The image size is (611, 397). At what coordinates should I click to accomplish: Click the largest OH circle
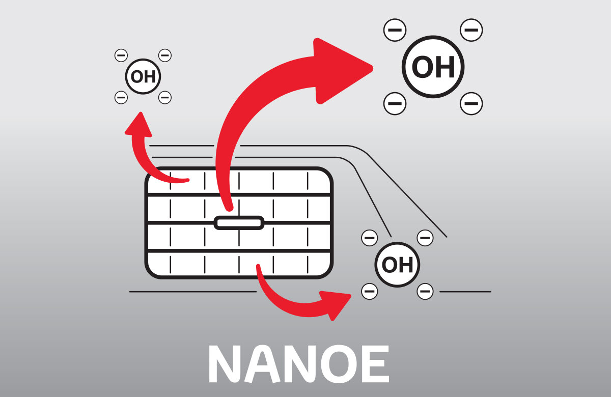click(x=433, y=67)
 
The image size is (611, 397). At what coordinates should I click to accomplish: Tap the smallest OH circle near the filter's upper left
click(x=143, y=76)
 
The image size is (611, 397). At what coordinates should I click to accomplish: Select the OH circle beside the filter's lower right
click(x=397, y=264)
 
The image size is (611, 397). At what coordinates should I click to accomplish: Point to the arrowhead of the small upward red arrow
click(x=138, y=125)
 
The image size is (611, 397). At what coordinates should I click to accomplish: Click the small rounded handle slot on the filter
click(x=239, y=223)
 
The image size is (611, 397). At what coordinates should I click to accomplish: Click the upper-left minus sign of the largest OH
click(x=395, y=30)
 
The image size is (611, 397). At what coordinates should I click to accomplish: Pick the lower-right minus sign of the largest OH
click(x=471, y=104)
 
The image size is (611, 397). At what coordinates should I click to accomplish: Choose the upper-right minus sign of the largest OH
click(x=471, y=30)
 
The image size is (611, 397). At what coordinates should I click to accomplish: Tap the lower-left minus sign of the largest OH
click(x=395, y=104)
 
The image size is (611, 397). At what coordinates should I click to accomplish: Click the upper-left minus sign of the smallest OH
click(x=121, y=55)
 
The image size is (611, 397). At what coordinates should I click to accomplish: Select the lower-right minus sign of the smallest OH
click(x=165, y=97)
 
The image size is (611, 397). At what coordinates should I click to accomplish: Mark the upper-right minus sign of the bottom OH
click(x=425, y=237)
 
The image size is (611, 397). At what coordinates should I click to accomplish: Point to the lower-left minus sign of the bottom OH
click(x=370, y=292)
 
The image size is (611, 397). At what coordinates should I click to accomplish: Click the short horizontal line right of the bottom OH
click(x=465, y=292)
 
